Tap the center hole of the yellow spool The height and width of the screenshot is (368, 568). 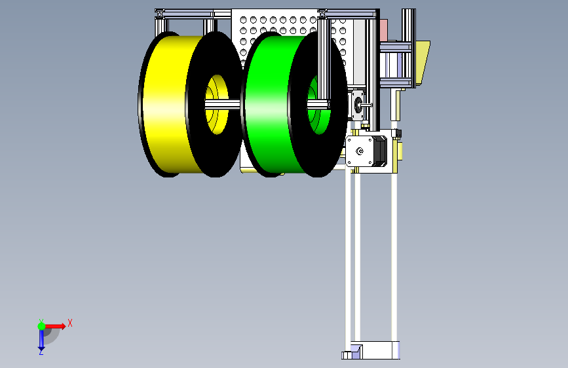(x=217, y=104)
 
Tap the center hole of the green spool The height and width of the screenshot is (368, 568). (x=319, y=105)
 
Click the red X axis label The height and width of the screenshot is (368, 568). (x=70, y=323)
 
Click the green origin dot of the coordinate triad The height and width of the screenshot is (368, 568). (x=41, y=326)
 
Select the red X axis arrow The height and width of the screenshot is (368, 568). (x=55, y=326)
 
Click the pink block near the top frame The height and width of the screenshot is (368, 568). (x=383, y=29)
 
